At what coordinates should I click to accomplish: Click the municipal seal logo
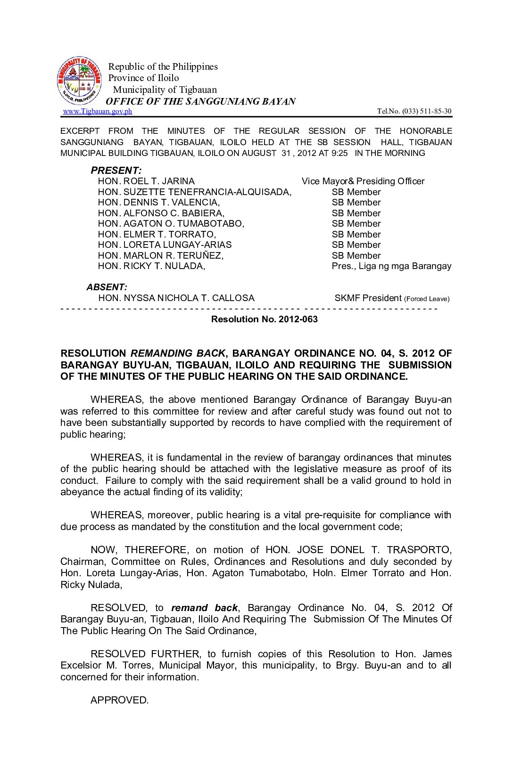point(79,81)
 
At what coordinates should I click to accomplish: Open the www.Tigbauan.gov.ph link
point(98,111)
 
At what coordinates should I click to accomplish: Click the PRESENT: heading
point(116,171)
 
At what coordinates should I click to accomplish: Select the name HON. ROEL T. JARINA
point(146,181)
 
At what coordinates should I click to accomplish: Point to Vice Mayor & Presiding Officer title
point(363,181)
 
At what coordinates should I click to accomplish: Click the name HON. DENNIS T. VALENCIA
point(159,203)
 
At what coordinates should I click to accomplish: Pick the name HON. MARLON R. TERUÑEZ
point(161,256)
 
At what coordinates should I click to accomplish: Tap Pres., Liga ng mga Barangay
point(391,266)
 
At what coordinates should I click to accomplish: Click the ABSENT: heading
point(107,287)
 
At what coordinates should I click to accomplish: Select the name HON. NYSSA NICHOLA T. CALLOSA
point(176,298)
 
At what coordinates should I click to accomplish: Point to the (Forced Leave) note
point(427,299)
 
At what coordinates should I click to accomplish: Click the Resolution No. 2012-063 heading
point(265,319)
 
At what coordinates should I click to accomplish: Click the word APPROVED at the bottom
point(119,700)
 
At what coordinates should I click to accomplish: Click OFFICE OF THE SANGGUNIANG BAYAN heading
point(201,101)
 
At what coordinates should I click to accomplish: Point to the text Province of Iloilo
point(144,78)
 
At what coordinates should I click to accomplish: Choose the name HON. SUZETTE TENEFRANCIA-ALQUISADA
point(195,192)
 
